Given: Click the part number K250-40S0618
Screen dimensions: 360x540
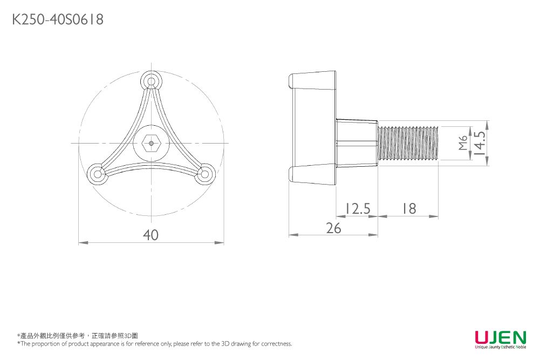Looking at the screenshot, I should tap(58, 20).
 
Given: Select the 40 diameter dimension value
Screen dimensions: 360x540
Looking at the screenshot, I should tap(151, 235).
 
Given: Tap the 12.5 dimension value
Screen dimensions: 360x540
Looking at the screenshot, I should tap(357, 208).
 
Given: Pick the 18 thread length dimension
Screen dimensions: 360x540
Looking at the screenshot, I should tap(408, 208).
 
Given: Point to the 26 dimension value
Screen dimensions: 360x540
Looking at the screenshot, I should tap(333, 228).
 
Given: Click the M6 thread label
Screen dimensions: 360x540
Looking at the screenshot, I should tap(462, 143).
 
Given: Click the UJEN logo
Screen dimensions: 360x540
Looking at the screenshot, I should tap(500, 337).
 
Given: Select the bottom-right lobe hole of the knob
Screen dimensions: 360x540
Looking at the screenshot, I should tap(204, 174).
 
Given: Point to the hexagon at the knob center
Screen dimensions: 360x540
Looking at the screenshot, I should tap(152, 144).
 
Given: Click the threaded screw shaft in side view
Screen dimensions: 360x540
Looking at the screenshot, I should tap(409, 143).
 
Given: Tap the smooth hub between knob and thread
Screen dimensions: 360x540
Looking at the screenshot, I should tap(356, 143).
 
